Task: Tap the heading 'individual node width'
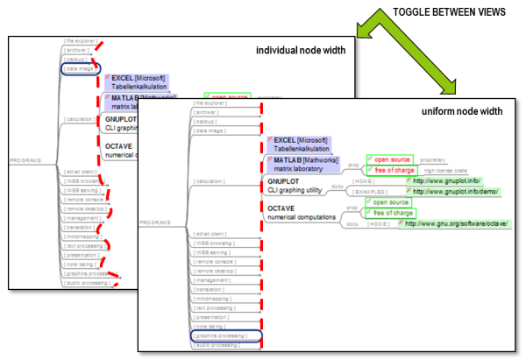point(301,50)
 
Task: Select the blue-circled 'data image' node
point(82,68)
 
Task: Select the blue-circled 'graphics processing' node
point(219,335)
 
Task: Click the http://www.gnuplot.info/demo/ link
point(455,190)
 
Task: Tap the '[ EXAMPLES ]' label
point(370,190)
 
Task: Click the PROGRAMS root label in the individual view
point(24,161)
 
